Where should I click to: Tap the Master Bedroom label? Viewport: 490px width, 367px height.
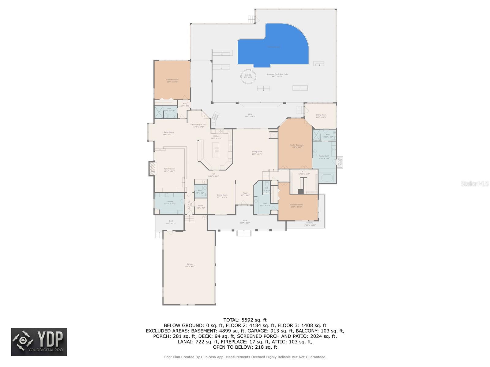point(296,146)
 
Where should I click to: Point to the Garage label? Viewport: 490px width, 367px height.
point(190,265)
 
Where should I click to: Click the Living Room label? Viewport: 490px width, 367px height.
point(257,153)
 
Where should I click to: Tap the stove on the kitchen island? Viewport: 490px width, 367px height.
point(217,150)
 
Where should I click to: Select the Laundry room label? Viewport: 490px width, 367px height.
point(170,202)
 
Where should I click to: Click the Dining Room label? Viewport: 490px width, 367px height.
point(222,196)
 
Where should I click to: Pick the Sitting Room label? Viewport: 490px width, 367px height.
point(321,116)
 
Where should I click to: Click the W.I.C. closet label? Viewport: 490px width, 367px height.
point(304,172)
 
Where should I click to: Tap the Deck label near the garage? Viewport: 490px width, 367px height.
point(171,222)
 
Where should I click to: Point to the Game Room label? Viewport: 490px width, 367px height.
point(168,133)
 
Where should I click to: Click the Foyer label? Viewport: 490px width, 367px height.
point(245,194)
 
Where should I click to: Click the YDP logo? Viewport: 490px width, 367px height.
point(39,342)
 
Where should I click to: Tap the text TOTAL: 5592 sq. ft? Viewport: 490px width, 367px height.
point(245,320)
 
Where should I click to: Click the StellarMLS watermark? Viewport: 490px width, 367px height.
point(475,183)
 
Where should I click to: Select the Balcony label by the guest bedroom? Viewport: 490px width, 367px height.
point(310,224)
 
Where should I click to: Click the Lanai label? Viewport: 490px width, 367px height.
point(250,115)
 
